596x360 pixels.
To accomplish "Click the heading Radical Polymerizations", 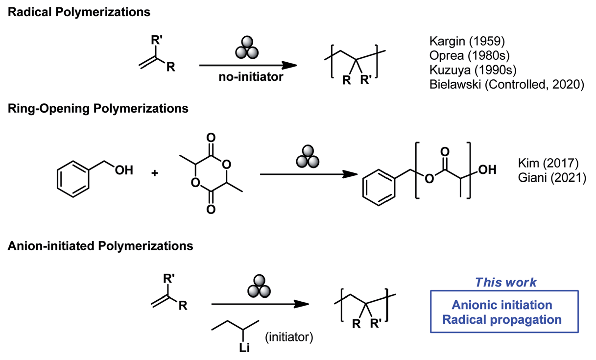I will point(79,12).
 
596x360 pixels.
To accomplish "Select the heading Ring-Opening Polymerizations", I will point(98,108).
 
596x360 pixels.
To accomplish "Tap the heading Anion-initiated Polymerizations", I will point(100,246).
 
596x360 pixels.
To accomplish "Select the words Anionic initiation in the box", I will point(502,305).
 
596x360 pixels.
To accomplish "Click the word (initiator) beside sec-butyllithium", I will point(288,337).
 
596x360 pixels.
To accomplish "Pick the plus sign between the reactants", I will point(155,173).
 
